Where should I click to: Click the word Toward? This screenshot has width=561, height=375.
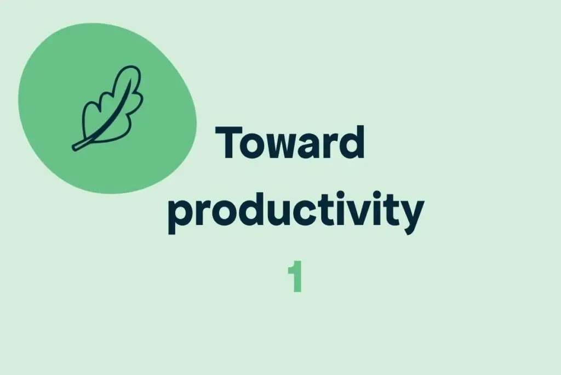291,142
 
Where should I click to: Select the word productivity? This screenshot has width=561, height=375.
296,213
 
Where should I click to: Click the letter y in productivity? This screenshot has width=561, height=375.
411,217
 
